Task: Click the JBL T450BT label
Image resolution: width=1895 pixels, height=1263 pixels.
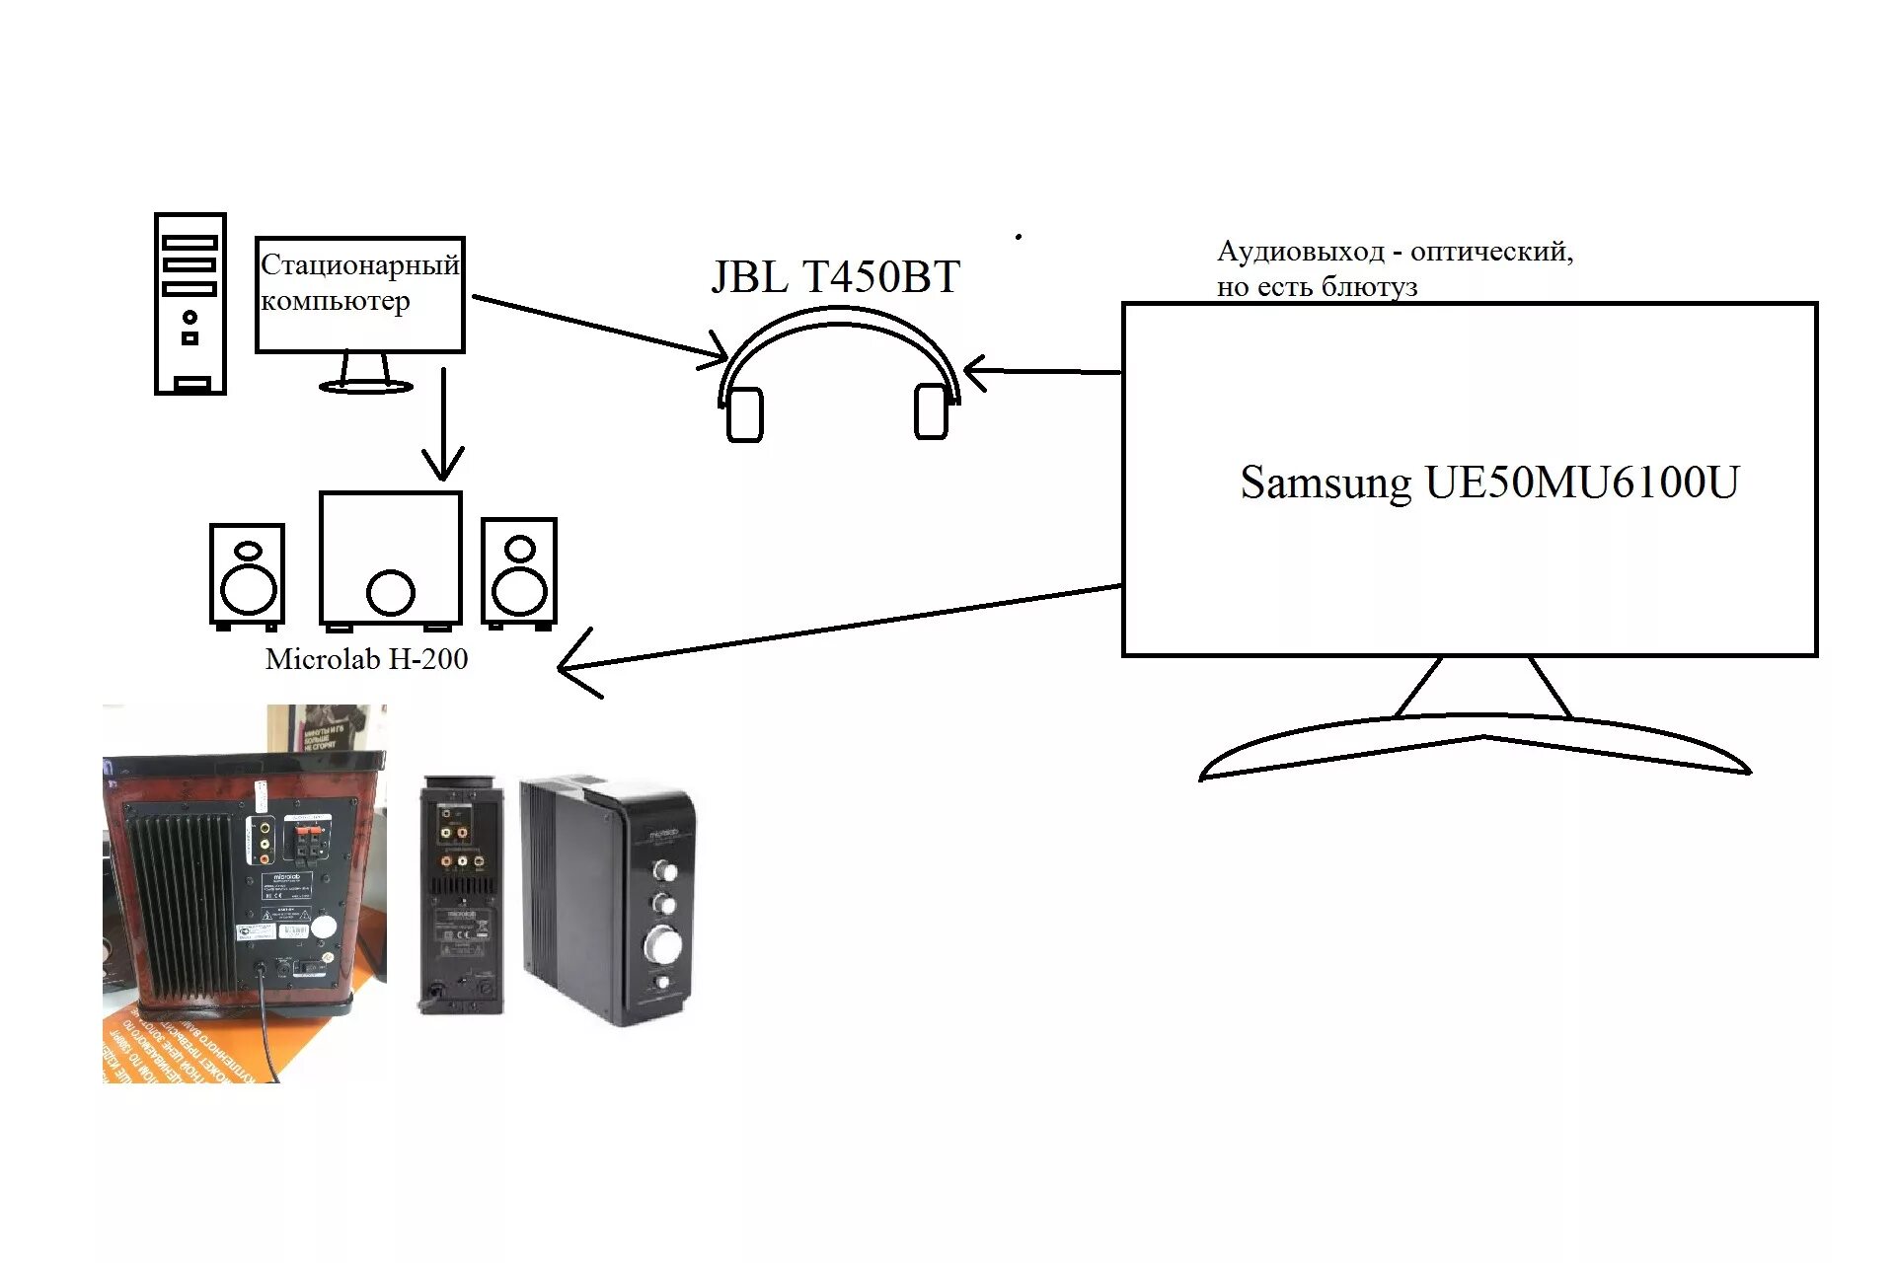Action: [835, 277]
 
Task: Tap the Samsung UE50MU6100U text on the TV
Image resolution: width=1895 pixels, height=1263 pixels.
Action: [1488, 483]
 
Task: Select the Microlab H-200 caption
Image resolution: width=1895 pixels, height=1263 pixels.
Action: [366, 659]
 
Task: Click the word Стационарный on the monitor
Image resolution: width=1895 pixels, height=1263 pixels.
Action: [359, 264]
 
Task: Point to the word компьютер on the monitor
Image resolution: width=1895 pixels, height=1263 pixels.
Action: [335, 301]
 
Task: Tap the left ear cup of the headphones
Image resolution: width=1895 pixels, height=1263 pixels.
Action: [744, 414]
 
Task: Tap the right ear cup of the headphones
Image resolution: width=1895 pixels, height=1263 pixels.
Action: [931, 410]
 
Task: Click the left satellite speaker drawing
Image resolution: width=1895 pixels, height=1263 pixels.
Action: [248, 575]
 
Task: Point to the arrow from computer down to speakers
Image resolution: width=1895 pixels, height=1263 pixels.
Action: [443, 424]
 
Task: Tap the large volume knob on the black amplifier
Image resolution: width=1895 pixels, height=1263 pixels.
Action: [660, 944]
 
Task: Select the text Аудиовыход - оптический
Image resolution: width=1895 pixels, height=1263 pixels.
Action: [1394, 252]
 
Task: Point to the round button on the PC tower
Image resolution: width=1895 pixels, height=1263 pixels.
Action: [189, 317]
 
